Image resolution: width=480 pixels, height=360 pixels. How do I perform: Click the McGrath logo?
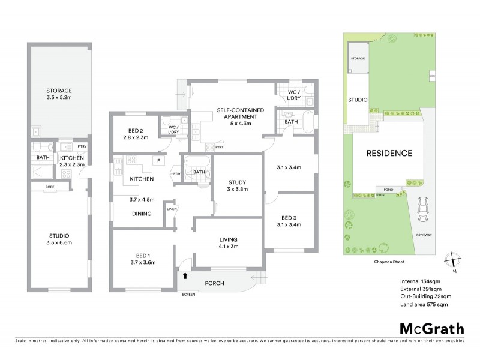[432, 328]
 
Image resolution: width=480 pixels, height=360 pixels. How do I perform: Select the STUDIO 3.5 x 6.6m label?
[59, 238]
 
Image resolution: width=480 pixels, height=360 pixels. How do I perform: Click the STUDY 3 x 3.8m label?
[237, 186]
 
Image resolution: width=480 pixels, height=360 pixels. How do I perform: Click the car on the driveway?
[424, 208]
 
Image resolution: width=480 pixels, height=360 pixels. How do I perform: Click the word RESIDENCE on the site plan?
[389, 153]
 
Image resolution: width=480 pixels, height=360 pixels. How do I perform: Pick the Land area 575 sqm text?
[424, 305]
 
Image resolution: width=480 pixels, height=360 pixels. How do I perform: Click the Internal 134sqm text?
[420, 281]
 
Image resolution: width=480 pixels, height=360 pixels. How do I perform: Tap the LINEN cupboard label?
[171, 209]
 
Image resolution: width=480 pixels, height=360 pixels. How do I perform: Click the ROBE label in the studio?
[50, 187]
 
